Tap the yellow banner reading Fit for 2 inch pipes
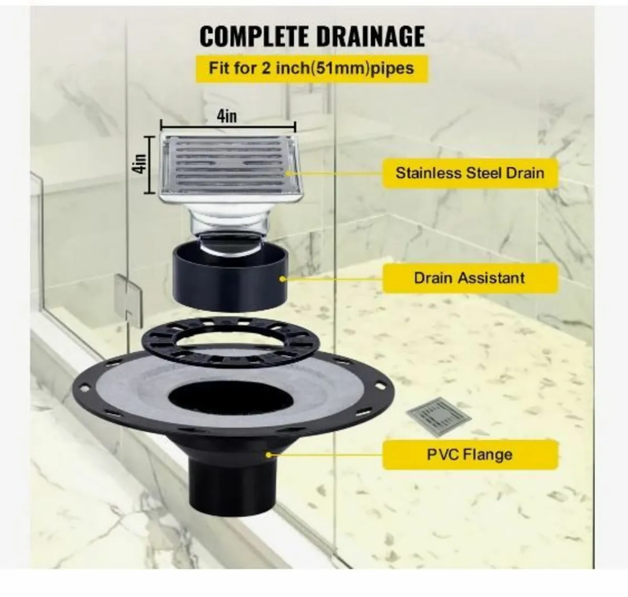pos(311,68)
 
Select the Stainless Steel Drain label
pos(469,173)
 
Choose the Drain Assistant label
pos(469,278)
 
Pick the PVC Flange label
pos(469,454)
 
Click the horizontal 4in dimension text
pos(227,116)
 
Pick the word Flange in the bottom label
pos(491,454)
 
